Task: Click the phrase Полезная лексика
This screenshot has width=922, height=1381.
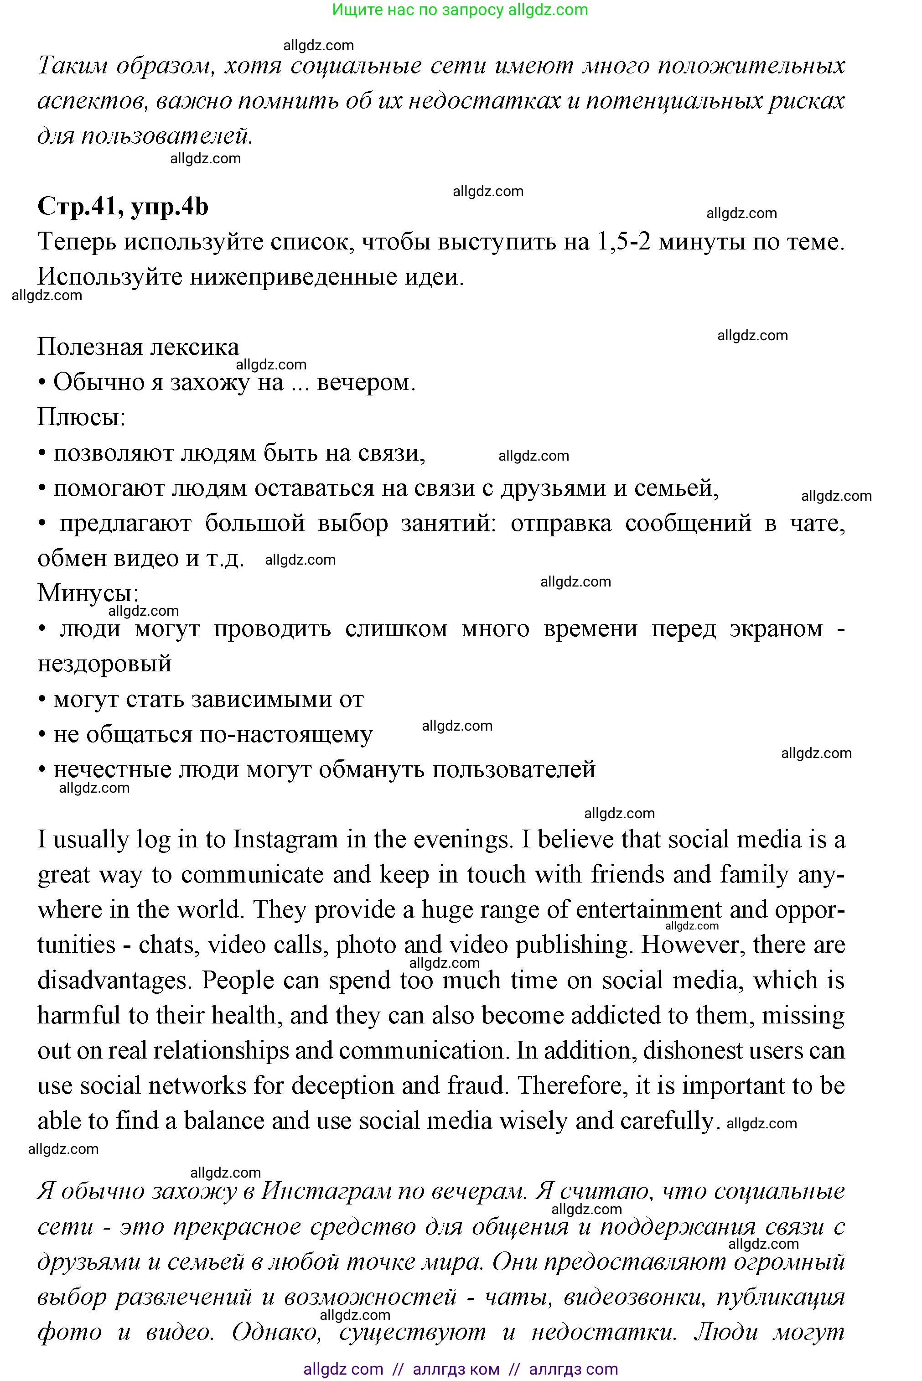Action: click(x=138, y=347)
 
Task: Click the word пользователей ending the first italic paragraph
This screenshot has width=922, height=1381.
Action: click(x=166, y=136)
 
